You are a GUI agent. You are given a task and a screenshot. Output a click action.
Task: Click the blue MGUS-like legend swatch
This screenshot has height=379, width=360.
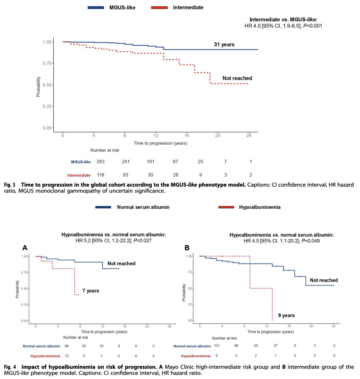point(96,7)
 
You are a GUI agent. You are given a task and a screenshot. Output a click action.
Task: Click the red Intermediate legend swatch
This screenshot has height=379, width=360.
point(160,7)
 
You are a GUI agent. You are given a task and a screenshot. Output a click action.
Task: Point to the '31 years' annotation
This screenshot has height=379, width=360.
point(224,45)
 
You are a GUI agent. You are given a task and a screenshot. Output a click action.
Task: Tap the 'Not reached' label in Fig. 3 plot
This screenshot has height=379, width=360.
point(237,78)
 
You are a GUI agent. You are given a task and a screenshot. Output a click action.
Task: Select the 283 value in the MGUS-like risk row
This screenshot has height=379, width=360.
point(101,161)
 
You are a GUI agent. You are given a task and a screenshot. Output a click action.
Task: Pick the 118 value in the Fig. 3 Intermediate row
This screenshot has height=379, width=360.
point(101,175)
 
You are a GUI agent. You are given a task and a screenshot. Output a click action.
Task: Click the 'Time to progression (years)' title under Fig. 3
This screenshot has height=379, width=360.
point(161,143)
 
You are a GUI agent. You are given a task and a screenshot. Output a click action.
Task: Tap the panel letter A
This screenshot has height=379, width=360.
point(25,248)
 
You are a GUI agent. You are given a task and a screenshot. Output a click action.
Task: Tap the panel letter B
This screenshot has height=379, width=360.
point(187,248)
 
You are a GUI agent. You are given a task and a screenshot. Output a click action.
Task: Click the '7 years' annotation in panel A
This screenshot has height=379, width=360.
point(91,291)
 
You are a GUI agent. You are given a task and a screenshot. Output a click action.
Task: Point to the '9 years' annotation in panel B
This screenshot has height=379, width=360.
point(286,315)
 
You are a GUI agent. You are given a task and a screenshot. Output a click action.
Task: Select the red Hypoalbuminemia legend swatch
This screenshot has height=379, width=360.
point(226,207)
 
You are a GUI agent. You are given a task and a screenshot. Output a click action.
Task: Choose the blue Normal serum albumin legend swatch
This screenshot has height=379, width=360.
point(103,207)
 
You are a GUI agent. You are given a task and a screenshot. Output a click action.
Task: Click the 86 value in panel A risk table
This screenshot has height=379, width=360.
point(67,346)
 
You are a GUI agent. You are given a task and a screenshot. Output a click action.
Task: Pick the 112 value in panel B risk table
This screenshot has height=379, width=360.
point(217,346)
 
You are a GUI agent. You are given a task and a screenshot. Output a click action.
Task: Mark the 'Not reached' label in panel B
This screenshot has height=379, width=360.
point(324,280)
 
